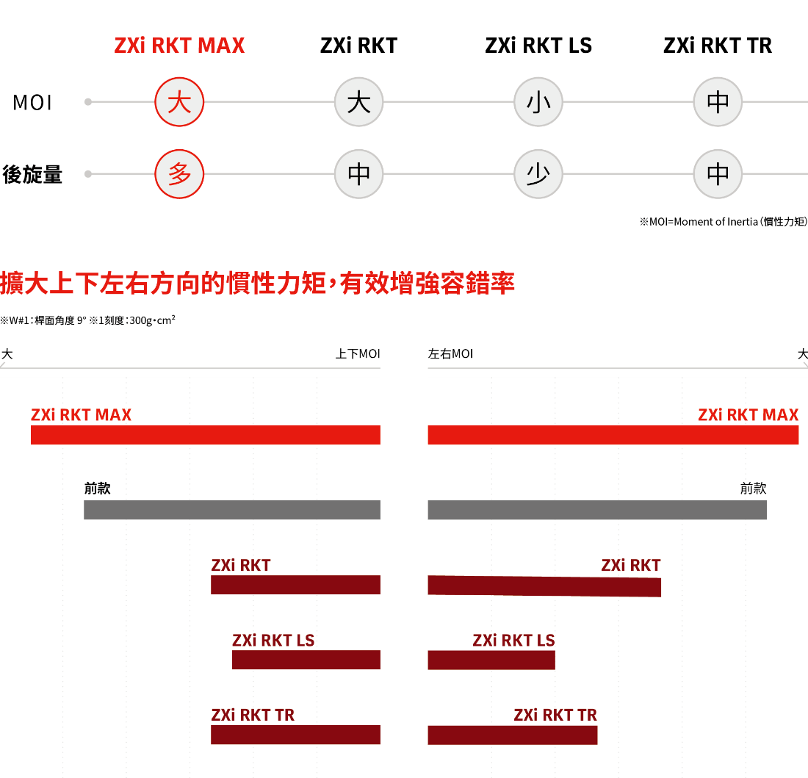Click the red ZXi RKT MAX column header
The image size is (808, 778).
[179, 46]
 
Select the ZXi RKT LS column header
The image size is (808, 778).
[538, 46]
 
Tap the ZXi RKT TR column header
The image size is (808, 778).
[718, 46]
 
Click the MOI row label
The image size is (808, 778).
[32, 103]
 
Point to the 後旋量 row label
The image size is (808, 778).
[32, 174]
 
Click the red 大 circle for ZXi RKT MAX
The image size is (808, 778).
[179, 101]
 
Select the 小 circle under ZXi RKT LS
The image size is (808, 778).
[538, 101]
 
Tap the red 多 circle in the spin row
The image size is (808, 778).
[179, 173]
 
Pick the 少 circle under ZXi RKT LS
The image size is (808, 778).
[538, 173]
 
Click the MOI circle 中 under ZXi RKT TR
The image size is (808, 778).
[718, 101]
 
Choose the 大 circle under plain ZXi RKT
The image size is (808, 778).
[358, 101]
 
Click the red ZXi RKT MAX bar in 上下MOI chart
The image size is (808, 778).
[206, 435]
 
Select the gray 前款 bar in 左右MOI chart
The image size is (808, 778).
[597, 510]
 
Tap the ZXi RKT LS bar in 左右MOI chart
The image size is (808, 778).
[491, 660]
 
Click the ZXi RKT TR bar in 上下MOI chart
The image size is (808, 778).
[295, 735]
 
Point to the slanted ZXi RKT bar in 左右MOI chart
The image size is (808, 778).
[544, 586]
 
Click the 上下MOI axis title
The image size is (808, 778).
[358, 354]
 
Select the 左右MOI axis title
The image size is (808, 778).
[450, 354]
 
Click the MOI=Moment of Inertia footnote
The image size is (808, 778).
[724, 222]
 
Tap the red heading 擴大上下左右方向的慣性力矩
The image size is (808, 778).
[163, 284]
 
